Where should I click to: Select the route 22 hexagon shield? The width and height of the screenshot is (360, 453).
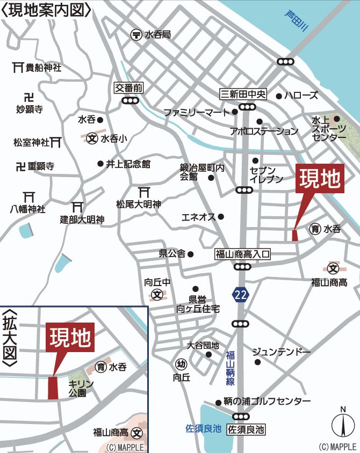coord(240,294)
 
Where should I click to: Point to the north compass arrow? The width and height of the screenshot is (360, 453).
coord(342,425)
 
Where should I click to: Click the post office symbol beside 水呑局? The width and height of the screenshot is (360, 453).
coord(136,35)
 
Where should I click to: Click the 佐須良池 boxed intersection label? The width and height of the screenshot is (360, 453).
coord(247,429)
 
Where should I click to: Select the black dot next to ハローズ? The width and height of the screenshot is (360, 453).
coord(279,97)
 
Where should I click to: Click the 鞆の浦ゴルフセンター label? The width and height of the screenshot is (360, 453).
coord(267,401)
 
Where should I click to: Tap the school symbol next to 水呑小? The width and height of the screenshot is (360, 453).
coord(93,138)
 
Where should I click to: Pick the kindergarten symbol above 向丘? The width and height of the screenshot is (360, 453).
coord(181,364)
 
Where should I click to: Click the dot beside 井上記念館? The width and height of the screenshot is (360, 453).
coord(100,164)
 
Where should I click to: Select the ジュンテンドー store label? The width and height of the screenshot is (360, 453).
coord(282,352)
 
